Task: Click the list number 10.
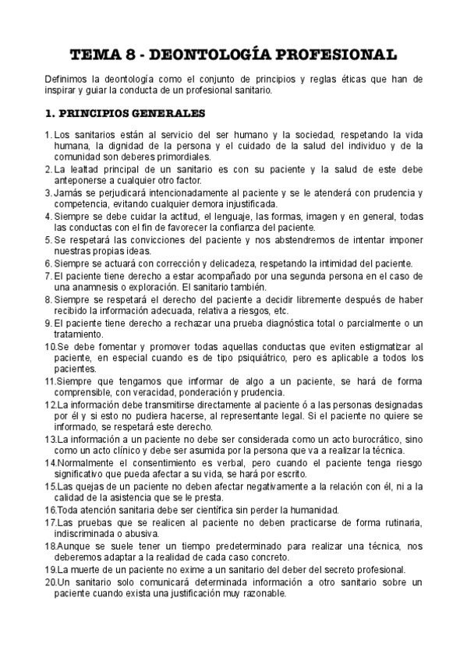(49, 347)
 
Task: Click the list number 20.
(49, 582)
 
